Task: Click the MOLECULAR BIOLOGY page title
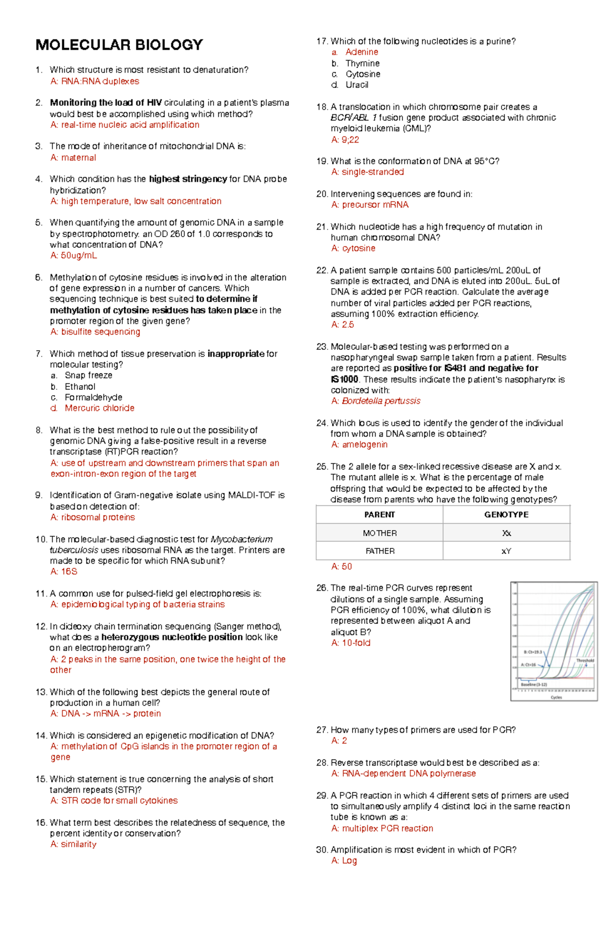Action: tap(119, 45)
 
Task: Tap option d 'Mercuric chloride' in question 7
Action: tap(99, 408)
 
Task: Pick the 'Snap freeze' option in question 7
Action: tap(88, 376)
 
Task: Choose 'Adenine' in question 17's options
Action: tap(362, 52)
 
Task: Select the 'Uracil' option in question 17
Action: tap(357, 85)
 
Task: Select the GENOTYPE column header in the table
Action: tap(506, 515)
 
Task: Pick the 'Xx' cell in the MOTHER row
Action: tap(506, 533)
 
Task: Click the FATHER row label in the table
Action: tap(380, 551)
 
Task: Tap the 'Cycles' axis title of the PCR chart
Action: tap(556, 697)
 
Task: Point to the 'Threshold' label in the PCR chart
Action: tap(585, 661)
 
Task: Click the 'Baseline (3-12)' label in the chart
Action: tap(534, 685)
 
